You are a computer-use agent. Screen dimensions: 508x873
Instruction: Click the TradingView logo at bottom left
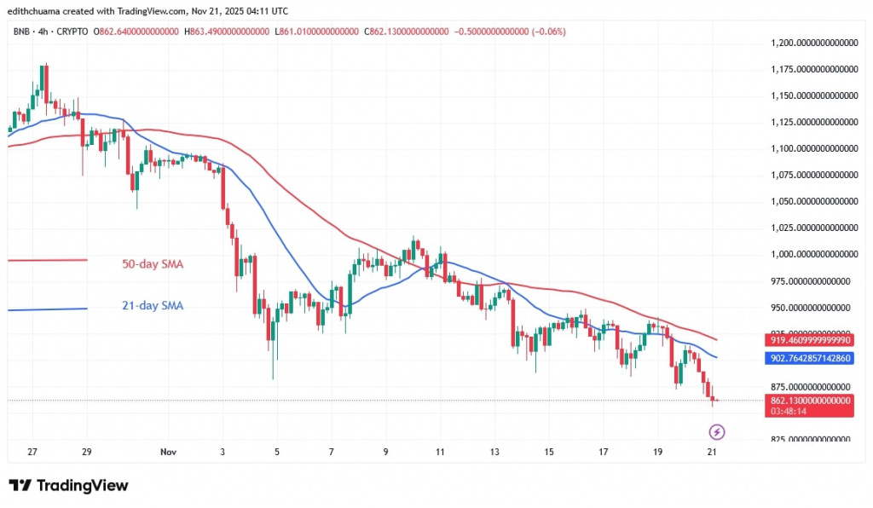68,486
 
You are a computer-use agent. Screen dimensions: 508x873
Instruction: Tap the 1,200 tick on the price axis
812,43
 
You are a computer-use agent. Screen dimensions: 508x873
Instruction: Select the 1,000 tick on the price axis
812,254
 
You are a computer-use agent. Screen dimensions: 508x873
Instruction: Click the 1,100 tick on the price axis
812,148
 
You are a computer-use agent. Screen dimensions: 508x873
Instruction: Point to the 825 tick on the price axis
812,439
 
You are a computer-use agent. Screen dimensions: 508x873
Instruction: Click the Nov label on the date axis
167,453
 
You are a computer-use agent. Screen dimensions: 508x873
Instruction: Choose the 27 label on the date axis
32,453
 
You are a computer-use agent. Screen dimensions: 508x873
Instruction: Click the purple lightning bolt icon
716,433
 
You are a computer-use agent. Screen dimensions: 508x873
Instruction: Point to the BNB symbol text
20,32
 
